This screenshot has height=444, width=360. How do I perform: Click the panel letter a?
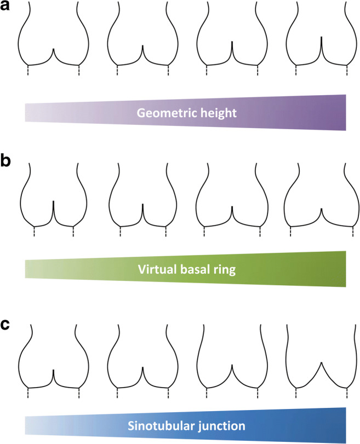[x=8, y=8]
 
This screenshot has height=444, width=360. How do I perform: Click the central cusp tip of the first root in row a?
[x=53, y=49]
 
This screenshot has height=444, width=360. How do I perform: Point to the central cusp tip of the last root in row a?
[x=321, y=37]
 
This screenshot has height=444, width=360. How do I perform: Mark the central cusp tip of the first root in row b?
[x=53, y=201]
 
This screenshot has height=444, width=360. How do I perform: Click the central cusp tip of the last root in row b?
[x=321, y=209]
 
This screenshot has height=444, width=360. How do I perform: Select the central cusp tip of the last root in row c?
[x=321, y=362]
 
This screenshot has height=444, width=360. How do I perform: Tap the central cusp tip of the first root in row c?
[x=53, y=370]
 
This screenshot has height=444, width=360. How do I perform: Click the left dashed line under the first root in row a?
[x=27, y=71]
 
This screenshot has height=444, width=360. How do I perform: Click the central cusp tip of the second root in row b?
[x=142, y=204]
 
